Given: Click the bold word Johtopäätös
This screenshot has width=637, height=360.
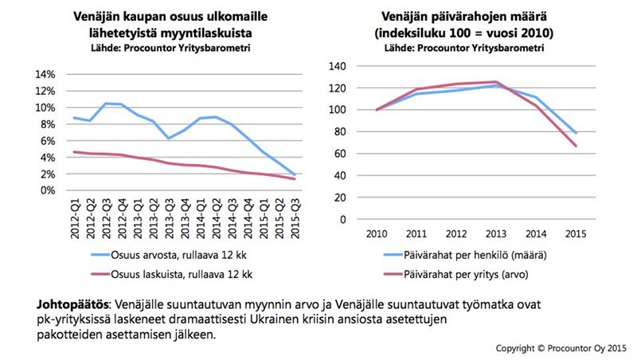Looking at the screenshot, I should pos(69,305).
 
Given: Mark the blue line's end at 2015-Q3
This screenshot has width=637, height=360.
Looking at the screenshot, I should pos(293,174).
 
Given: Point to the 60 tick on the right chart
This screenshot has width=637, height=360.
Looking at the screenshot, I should pos(343,154).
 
